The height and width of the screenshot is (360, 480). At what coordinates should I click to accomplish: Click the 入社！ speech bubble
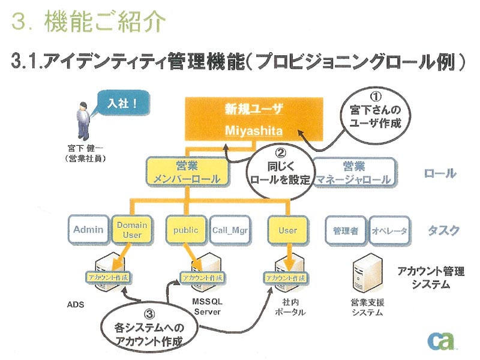pos(122,103)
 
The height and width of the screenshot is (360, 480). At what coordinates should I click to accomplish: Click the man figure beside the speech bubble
pos(83,121)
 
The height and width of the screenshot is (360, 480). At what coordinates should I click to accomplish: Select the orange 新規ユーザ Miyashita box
pos(254,119)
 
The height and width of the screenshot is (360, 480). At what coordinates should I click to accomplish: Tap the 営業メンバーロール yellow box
pos(187,172)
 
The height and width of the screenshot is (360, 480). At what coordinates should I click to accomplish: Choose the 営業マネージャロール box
pos(354,172)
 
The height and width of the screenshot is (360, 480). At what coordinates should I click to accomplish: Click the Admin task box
pos(88,230)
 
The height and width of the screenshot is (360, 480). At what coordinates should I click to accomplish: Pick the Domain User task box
pos(132,230)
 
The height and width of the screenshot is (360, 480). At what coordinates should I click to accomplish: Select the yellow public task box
pos(186,230)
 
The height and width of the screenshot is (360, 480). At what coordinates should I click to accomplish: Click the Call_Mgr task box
pos(230,230)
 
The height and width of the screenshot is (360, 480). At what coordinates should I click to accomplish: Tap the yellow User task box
pos(287,230)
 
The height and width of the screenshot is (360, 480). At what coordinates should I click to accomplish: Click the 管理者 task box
pos(346,230)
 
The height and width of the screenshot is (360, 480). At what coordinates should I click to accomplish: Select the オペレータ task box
pos(389,230)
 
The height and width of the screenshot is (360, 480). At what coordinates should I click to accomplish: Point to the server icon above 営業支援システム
pos(367,274)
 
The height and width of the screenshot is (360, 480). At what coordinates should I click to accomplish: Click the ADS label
pos(76,305)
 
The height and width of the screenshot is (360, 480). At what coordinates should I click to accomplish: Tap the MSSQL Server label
pos(207,307)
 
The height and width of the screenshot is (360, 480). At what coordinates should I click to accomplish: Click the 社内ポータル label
pos(290,307)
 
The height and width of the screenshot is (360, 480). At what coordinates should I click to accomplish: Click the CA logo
pos(441,340)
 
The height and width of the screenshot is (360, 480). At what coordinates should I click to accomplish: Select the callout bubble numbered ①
pos(376,115)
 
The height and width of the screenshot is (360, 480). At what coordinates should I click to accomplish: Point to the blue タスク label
pos(444,230)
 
